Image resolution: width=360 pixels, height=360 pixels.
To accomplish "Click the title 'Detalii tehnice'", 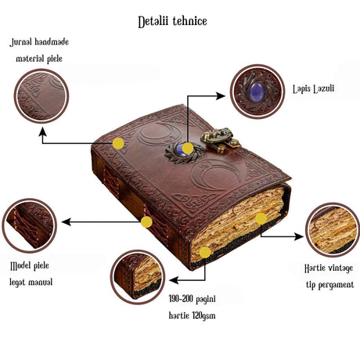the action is click(x=172, y=22).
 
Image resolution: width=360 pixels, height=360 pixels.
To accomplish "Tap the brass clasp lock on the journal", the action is click(x=221, y=139).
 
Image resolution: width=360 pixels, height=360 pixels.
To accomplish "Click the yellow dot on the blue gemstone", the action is click(x=188, y=148).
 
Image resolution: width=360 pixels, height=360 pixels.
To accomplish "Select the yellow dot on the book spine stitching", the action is click(x=146, y=221).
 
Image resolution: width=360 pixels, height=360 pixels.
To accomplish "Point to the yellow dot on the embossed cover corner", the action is click(x=118, y=143).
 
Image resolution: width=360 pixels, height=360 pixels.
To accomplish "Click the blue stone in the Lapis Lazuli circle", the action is click(x=256, y=90).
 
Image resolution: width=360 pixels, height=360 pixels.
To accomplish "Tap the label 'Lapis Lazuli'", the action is click(x=313, y=89).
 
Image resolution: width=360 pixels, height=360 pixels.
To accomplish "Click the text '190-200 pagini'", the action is click(x=192, y=299).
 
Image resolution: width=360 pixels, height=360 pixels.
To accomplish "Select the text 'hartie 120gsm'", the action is click(x=192, y=315).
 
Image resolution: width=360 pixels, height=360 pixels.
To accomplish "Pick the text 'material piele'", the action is click(x=39, y=59).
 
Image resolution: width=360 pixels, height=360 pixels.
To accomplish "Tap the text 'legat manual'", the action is click(x=31, y=283).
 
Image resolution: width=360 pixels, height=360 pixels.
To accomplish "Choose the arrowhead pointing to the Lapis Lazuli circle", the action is click(x=221, y=96).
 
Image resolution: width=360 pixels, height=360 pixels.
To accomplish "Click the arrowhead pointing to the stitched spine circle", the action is click(x=67, y=222).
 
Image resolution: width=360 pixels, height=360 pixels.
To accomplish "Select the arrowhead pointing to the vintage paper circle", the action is click(x=299, y=236).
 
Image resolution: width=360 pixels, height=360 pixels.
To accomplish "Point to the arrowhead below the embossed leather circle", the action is click(x=42, y=132).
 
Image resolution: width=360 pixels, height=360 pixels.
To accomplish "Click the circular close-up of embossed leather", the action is click(x=41, y=96).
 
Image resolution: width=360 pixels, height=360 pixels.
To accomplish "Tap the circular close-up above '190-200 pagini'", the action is click(x=138, y=277).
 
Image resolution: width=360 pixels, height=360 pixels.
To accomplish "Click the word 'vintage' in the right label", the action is click(x=340, y=268).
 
